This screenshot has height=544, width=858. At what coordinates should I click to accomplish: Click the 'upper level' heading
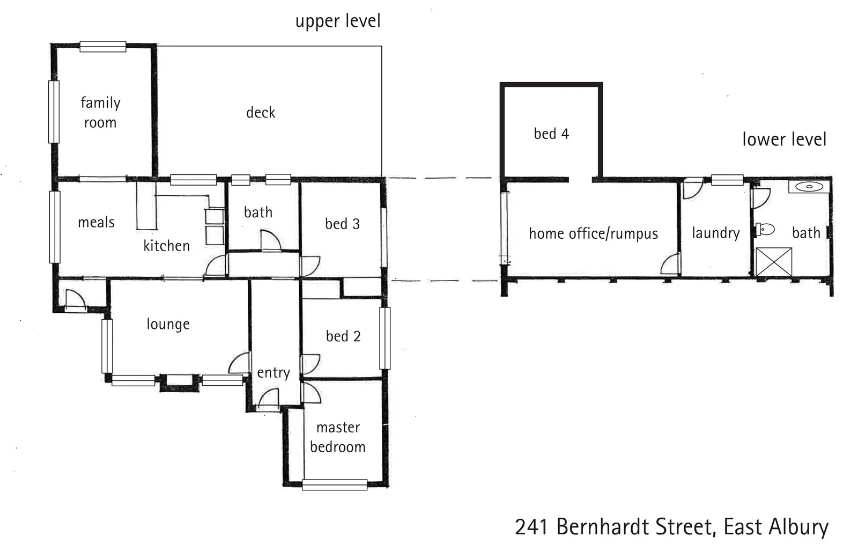coord(338,21)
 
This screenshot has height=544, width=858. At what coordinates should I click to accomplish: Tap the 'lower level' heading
coord(783,139)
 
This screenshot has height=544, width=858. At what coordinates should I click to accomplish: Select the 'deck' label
coord(261,113)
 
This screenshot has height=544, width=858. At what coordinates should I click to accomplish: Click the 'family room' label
coord(100,112)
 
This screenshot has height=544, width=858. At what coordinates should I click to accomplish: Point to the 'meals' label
coord(96,222)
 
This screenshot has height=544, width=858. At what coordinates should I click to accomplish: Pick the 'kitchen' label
coord(166,246)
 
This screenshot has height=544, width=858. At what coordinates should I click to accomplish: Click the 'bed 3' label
coord(342,224)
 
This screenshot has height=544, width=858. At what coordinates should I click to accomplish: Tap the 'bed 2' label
coord(343,336)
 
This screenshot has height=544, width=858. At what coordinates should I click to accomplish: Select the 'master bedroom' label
coord(338,437)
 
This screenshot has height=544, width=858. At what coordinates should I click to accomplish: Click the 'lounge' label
coord(168,324)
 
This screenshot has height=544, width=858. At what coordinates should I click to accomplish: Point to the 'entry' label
coord(273,372)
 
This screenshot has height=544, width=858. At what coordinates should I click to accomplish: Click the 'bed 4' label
coord(551,134)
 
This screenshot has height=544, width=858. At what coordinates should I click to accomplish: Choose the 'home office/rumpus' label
coord(593,233)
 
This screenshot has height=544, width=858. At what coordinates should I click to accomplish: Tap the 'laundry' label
coord(715,233)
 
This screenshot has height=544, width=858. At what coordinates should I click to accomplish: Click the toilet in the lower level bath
coord(765,230)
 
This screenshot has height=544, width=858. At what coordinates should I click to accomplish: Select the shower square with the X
coord(773,262)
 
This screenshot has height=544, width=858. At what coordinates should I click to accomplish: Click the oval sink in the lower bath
coord(809,187)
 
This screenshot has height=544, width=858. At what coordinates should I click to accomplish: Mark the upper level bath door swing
coord(271,241)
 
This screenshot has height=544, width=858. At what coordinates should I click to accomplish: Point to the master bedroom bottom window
coord(335,485)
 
